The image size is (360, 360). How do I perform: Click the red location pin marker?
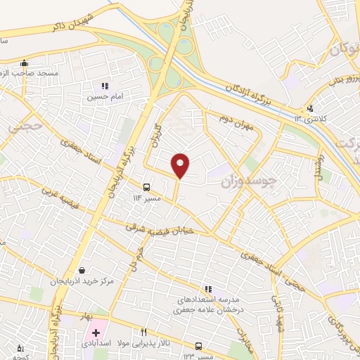[x=181, y=165]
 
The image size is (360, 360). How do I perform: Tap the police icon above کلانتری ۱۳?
[x=310, y=108]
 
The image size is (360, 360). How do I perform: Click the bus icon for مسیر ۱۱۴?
[x=146, y=187]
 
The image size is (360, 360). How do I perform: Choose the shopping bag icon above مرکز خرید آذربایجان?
[x=83, y=270]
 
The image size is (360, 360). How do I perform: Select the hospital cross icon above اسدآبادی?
[x=96, y=332]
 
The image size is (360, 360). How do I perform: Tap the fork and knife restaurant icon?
[x=144, y=332]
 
